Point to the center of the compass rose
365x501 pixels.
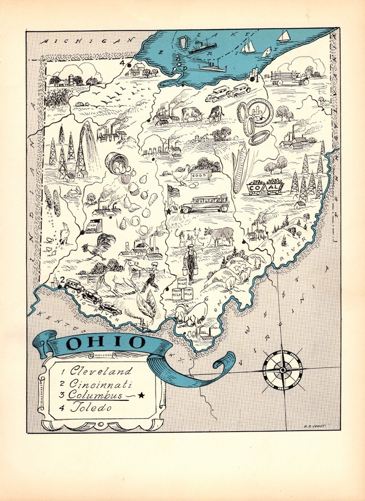(282, 370)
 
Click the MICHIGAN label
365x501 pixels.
(89, 40)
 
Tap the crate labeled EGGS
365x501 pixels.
(201, 175)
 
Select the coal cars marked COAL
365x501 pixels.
(265, 187)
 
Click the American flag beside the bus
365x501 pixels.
(173, 192)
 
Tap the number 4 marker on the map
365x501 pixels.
(122, 64)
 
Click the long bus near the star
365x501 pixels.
(204, 204)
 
